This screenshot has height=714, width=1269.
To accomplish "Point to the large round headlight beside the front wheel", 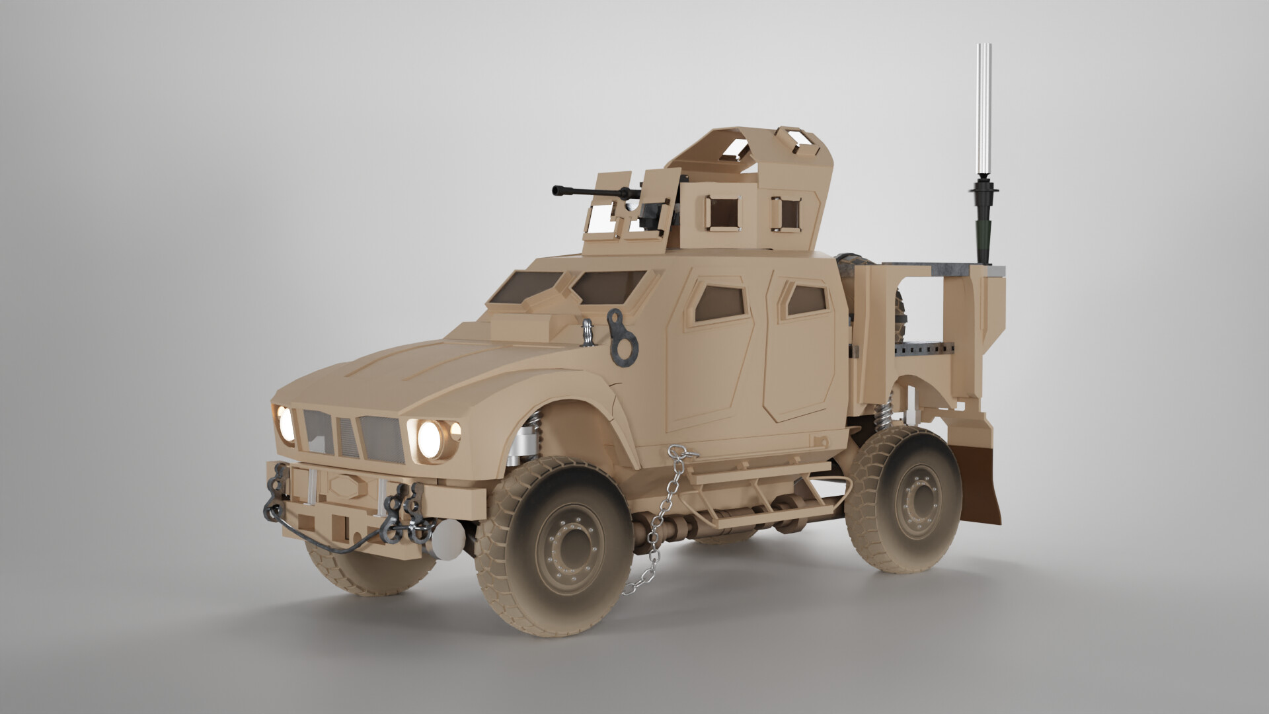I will click(430, 437).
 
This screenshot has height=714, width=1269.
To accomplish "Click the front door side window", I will click(719, 300).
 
